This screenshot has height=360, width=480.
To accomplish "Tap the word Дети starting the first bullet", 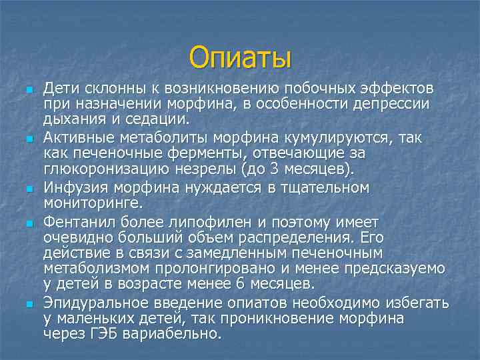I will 59,89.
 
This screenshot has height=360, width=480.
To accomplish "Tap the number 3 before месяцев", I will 298,169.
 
